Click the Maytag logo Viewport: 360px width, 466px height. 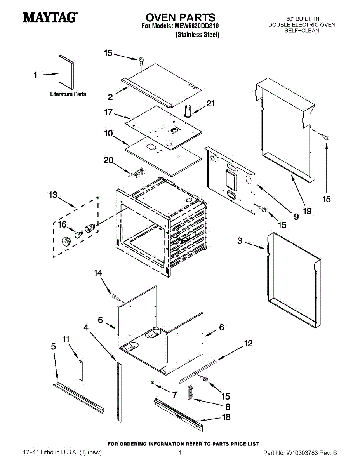[x=50, y=17]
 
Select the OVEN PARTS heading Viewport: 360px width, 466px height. [x=180, y=17]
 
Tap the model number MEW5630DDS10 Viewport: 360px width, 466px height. [x=197, y=26]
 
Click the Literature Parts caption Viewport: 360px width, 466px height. [x=68, y=94]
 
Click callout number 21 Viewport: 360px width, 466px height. [x=210, y=103]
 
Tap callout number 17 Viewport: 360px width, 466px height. [x=108, y=113]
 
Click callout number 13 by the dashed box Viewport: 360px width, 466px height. [x=53, y=195]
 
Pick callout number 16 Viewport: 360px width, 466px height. [x=62, y=224]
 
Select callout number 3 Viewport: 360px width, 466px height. [x=240, y=241]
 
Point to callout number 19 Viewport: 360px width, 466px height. [x=307, y=211]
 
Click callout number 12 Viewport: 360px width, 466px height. [x=249, y=343]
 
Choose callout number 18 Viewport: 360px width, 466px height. [x=226, y=417]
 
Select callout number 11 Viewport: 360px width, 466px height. [x=66, y=339]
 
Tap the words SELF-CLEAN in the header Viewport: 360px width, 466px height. [x=302, y=31]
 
